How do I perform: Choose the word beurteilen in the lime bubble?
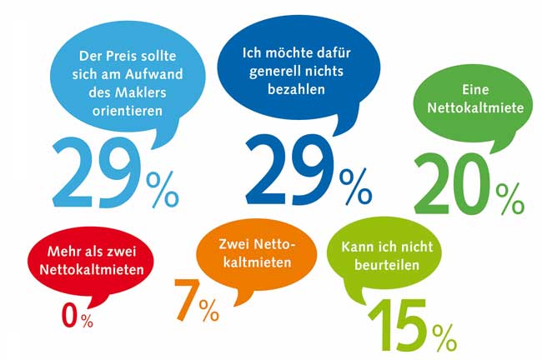click(x=386, y=267)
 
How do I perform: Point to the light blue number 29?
click(x=93, y=174)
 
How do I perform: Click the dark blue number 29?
click(x=288, y=172)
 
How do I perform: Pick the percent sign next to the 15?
click(x=444, y=337)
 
